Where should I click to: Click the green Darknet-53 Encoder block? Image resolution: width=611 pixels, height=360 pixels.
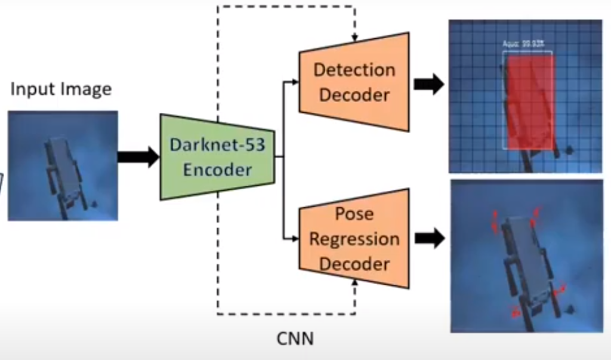pos(217,157)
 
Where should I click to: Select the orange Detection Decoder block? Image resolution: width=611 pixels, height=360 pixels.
pos(354,82)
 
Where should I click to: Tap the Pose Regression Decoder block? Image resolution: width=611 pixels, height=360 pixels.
pos(354,239)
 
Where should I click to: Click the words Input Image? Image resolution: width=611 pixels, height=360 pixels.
pos(61,90)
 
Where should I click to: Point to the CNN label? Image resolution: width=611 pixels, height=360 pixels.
pos(295,339)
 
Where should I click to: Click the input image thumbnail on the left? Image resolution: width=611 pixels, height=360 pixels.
pos(63,165)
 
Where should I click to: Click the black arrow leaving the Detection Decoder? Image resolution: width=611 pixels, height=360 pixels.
pos(428,84)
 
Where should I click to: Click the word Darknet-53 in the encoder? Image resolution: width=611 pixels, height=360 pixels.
pos(217,145)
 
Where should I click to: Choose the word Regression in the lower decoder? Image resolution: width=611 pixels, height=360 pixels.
pos(354,239)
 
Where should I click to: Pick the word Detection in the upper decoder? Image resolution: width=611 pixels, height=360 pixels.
pos(354,70)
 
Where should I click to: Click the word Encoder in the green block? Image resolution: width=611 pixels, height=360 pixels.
pos(217,170)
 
